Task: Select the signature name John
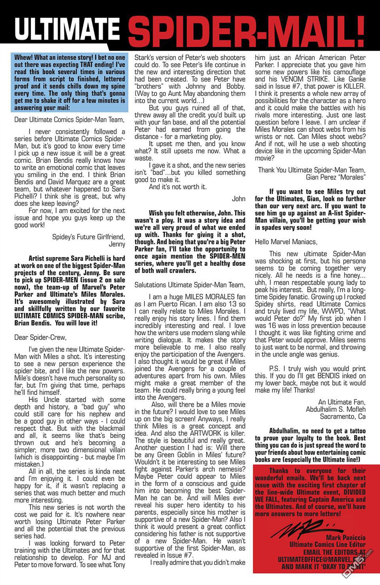tap(239, 199)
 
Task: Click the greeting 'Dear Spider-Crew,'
tap(40, 338)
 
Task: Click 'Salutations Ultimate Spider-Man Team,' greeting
tap(190, 285)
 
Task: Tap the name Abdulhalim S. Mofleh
tap(336, 409)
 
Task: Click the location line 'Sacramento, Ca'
tap(342, 417)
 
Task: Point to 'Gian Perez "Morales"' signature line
tap(336, 177)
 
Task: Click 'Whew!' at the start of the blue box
tap(24, 57)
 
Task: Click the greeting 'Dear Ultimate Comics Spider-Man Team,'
tap(69, 119)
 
